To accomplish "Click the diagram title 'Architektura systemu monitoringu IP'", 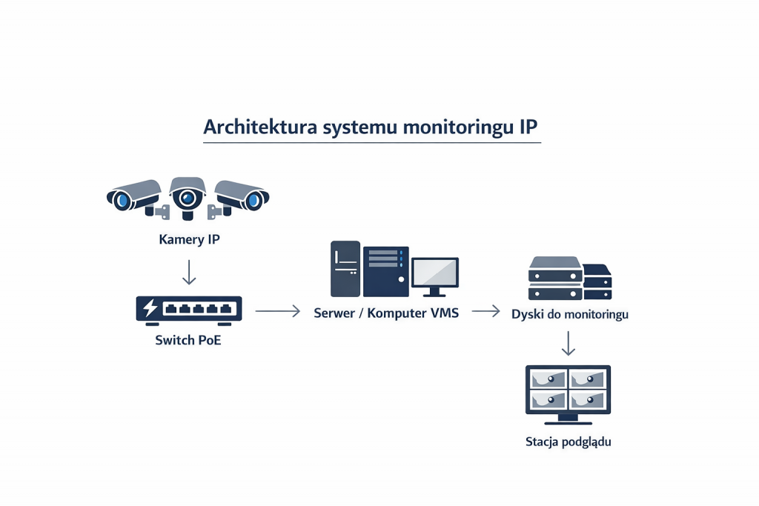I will (371, 127).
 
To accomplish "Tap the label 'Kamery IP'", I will (189, 239).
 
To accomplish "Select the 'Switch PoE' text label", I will (188, 341).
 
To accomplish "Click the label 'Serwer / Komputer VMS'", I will (386, 313).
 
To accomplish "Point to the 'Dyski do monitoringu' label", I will (569, 314).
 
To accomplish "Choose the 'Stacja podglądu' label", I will (568, 442).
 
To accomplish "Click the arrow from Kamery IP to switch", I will (189, 271).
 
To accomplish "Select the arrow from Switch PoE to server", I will (277, 312).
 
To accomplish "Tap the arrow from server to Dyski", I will (485, 312).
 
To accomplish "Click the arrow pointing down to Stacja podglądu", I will (568, 343).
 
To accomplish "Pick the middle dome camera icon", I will (188, 196).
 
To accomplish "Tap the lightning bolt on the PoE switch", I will (150, 308).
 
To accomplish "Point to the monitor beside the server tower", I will (435, 274).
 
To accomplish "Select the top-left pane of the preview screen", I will (547, 379).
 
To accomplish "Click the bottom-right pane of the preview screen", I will (588, 401).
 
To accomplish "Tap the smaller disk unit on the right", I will (597, 281).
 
